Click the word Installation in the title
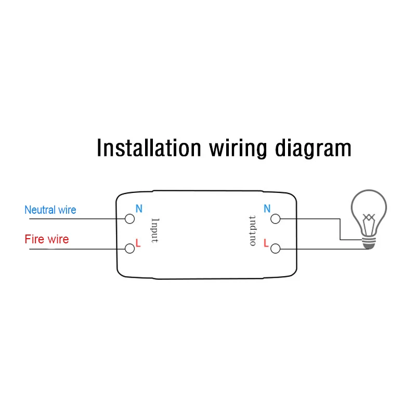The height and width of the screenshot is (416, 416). click(x=149, y=148)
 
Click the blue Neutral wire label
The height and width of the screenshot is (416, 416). click(x=50, y=210)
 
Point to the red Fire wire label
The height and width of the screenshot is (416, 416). click(x=46, y=240)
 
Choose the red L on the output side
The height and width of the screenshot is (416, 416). click(x=266, y=243)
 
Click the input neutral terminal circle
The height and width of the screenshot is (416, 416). click(x=129, y=219)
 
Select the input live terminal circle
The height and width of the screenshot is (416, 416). click(x=129, y=249)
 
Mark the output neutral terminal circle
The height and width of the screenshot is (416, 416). click(x=275, y=219)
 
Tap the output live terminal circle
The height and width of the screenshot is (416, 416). click(x=275, y=249)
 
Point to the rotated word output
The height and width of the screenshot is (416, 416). click(x=253, y=230)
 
